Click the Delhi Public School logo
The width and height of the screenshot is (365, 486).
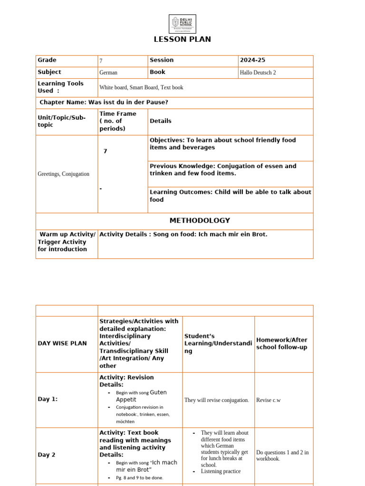pos(182,24)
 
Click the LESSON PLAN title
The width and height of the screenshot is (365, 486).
pos(182,39)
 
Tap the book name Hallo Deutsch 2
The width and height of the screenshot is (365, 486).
pos(258,73)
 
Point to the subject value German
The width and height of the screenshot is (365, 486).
pos(108,73)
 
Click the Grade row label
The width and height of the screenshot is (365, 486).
pos(47,60)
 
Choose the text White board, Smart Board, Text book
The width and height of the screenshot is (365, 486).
pos(141,87)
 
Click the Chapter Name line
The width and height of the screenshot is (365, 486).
pos(104,103)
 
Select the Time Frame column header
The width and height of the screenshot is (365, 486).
pos(118,121)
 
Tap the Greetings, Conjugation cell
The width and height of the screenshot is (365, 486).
pos(63,174)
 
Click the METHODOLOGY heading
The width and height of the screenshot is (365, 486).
pos(200,221)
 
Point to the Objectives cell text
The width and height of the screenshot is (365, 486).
pos(222,144)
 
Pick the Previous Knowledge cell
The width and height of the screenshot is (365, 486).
pos(223,170)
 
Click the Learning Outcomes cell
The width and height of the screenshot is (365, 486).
pos(231,196)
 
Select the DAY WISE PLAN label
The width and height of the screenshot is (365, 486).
pos(62,343)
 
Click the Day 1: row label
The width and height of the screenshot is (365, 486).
pos(48,399)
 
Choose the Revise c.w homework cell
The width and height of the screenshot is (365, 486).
pos(269,400)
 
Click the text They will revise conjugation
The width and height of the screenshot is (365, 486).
pos(217,400)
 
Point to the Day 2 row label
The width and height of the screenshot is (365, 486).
pos(47,455)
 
